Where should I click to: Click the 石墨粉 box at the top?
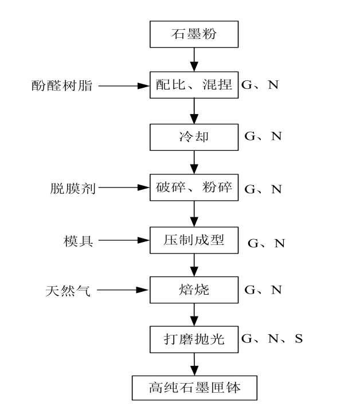194,34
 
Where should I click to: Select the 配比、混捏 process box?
194,85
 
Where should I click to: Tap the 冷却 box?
194,137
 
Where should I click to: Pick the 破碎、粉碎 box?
194,188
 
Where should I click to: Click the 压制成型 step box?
194,240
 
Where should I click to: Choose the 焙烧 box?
194,290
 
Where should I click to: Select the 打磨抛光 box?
194,339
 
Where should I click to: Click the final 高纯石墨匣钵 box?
194,388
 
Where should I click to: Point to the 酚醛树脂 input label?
62,85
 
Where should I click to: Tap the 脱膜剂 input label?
73,188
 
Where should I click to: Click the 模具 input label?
78,241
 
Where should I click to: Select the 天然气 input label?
68,291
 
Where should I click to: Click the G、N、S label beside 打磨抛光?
272,339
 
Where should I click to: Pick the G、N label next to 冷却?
263,136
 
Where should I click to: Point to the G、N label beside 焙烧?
263,290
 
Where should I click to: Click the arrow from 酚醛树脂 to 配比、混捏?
124,86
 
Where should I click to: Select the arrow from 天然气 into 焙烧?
123,290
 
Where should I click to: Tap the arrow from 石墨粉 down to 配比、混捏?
194,60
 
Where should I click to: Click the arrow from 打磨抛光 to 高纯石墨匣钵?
194,364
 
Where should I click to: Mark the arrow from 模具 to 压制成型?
124,240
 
